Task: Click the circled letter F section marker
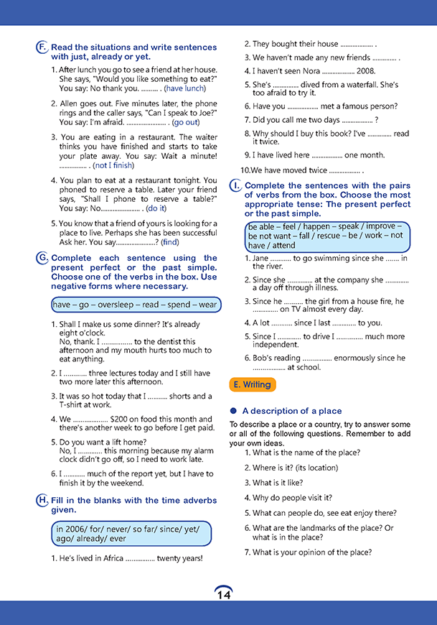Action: (x=42, y=47)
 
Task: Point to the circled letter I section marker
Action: (x=235, y=185)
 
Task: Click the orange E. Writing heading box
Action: (x=253, y=385)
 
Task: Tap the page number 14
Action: (x=223, y=594)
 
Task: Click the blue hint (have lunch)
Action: (x=185, y=88)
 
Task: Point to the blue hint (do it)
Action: (x=156, y=208)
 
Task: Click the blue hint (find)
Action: (x=170, y=242)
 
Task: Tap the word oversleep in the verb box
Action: (x=118, y=305)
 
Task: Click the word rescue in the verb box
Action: (x=333, y=236)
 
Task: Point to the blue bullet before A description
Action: (x=233, y=411)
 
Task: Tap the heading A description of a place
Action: (x=292, y=411)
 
